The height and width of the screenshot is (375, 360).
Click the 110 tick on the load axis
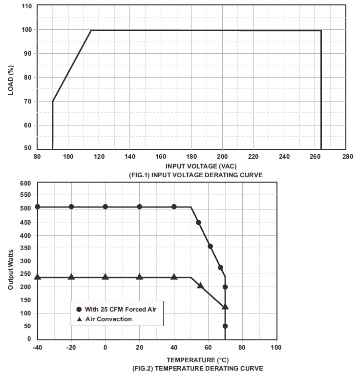27,6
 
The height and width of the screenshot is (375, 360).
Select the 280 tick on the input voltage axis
347,157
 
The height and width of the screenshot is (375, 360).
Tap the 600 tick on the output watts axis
25,183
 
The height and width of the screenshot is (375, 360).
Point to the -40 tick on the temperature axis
37,348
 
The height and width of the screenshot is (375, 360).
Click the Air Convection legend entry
108,319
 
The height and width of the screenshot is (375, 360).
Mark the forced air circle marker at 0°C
105,207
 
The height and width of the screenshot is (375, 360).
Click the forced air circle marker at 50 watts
225,326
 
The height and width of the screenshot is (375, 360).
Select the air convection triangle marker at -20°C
71,277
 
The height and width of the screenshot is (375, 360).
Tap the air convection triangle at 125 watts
225,307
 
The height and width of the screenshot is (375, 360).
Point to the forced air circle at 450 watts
199,222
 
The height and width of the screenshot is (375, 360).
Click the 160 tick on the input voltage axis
161,157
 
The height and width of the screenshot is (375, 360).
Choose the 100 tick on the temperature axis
276,348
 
